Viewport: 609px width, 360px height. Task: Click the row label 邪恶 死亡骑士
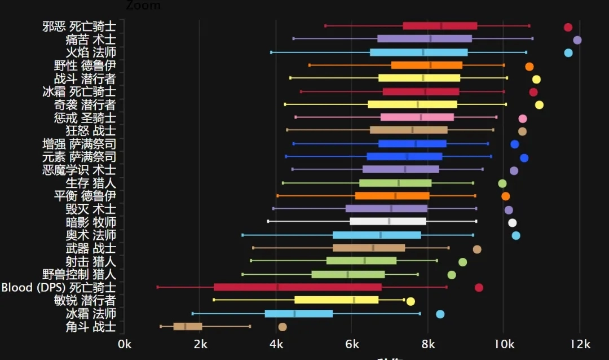coord(79,27)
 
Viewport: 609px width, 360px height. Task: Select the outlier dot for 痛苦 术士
coord(577,40)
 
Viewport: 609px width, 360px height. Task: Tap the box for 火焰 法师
coord(418,52)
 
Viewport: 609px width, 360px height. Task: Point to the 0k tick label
coord(124,345)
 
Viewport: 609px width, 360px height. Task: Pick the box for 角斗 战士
coord(188,326)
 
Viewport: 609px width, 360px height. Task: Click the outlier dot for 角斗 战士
coord(283,327)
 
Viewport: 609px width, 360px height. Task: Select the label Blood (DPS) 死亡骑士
coord(58,288)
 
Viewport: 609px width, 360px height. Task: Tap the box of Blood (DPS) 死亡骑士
coord(298,287)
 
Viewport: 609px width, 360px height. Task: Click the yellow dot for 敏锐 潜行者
coord(411,301)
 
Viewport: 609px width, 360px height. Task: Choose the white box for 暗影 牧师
coord(388,221)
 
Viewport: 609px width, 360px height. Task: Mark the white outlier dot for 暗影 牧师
coord(512,223)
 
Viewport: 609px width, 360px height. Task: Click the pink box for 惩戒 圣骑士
coord(417,117)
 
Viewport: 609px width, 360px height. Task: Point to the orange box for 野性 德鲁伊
coord(427,65)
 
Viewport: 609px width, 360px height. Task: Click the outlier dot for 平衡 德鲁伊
coord(505,196)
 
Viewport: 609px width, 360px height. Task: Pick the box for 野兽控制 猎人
coord(348,274)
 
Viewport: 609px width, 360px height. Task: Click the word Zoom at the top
coord(143,6)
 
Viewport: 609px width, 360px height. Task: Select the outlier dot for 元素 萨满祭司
coord(524,158)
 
